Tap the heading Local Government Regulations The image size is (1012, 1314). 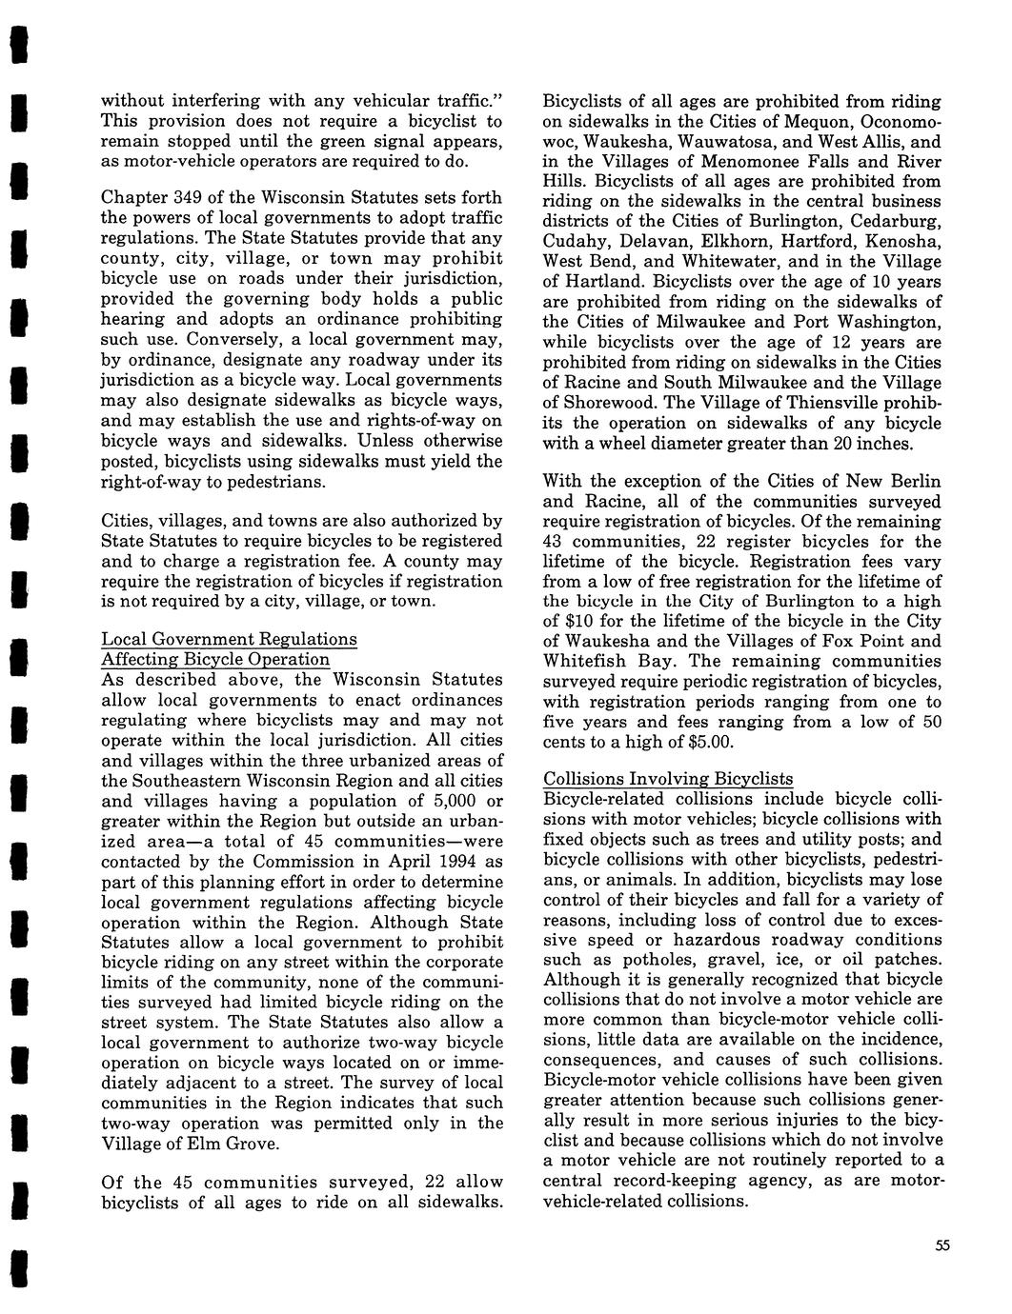click(229, 639)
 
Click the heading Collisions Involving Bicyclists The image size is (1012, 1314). click(668, 779)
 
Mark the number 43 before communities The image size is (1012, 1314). click(555, 541)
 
